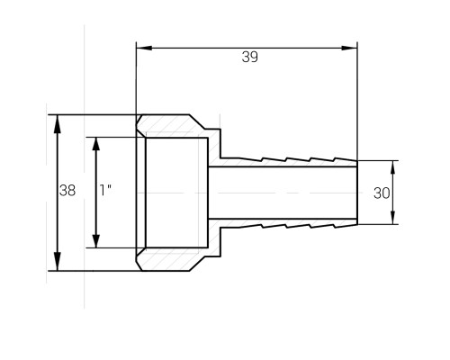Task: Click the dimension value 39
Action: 249,57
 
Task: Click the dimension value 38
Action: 67,190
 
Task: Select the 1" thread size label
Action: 105,190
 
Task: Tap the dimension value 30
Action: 382,193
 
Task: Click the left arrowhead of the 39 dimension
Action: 144,48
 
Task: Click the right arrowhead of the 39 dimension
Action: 349,48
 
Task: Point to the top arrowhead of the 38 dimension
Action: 58,124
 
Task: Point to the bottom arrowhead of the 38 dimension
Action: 58,262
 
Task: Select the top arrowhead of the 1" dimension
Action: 96,144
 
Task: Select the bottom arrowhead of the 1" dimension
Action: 96,241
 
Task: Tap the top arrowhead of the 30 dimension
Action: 393,167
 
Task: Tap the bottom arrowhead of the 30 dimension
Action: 393,218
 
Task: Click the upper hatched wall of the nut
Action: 171,126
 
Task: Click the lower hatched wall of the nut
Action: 171,259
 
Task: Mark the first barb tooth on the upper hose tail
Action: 250,159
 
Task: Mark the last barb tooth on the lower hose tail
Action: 346,226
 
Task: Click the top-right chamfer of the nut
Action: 197,121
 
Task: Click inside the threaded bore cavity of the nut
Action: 177,193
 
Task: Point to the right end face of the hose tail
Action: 357,193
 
